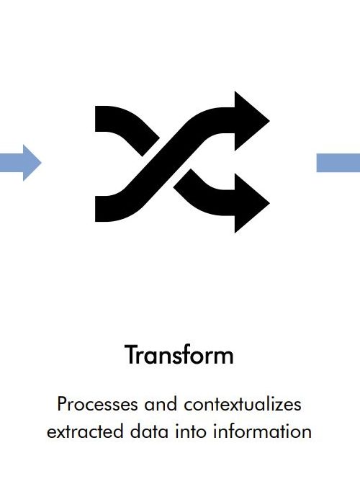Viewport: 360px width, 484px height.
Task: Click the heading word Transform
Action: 179,355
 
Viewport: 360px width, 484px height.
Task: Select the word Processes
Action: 97,404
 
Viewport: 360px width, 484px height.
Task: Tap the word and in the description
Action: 161,404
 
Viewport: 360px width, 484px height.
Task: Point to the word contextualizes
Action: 243,404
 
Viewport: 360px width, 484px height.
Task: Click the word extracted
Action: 85,431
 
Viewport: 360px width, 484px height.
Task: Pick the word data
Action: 149,431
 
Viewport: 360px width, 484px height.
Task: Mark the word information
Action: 262,431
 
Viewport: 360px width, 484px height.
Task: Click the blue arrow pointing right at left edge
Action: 20,163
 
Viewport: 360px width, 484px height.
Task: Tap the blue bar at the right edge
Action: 338,163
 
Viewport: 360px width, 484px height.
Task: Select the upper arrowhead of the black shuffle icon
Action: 252,121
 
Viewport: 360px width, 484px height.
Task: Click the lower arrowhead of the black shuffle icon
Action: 252,203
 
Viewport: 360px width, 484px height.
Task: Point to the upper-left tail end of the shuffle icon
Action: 96,119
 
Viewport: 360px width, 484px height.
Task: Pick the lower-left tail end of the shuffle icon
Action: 96,209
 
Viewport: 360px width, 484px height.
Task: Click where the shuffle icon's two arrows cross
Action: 166,163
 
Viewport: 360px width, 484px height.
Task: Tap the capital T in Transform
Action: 131,355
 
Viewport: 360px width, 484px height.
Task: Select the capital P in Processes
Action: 62,404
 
